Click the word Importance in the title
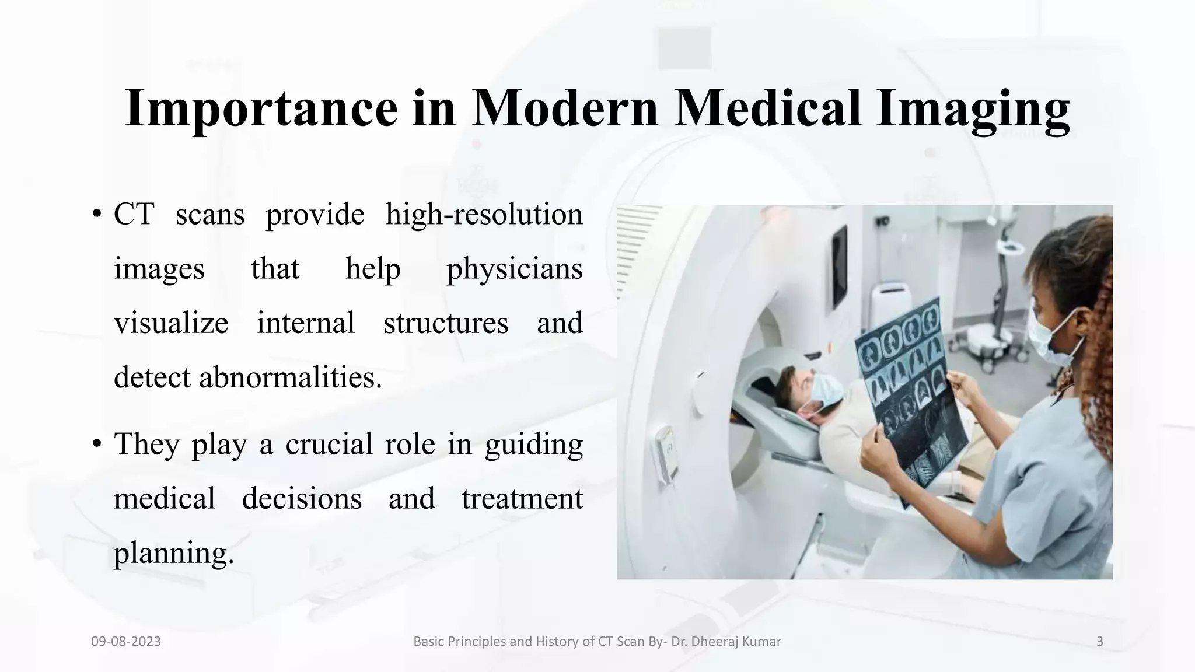point(261,108)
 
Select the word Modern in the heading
point(564,108)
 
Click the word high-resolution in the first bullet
point(484,214)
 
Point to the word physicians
point(514,269)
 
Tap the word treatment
point(522,499)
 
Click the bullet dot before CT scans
point(97,214)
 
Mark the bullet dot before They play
point(97,444)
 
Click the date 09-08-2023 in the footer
point(126,642)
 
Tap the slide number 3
point(1100,642)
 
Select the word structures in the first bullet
point(446,323)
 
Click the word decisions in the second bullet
point(302,499)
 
